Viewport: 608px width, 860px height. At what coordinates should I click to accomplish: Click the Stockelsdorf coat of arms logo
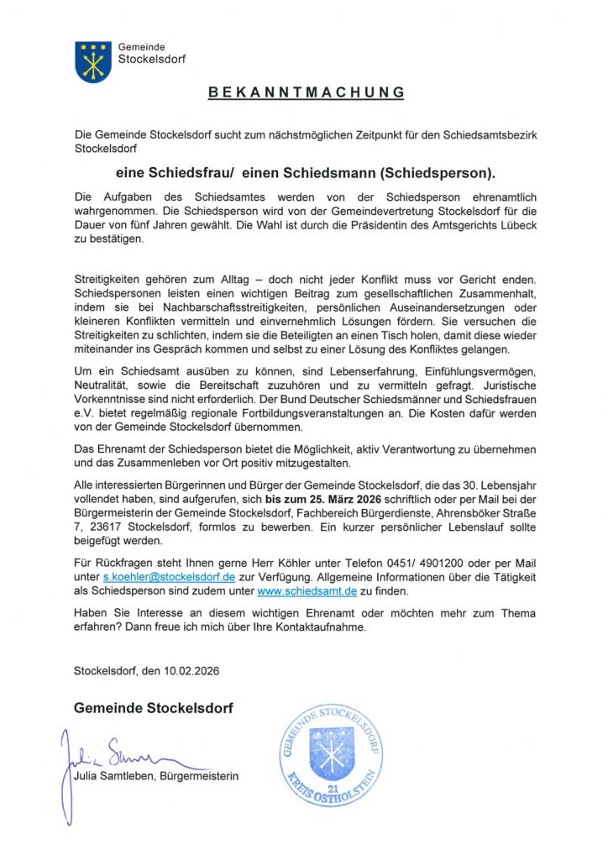93,61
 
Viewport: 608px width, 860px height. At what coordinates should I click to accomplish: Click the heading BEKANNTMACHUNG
306,92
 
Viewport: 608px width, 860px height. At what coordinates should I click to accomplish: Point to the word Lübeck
511,226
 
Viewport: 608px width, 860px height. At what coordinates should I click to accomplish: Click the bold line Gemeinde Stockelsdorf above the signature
154,708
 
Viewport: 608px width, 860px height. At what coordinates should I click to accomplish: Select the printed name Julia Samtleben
112,776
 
